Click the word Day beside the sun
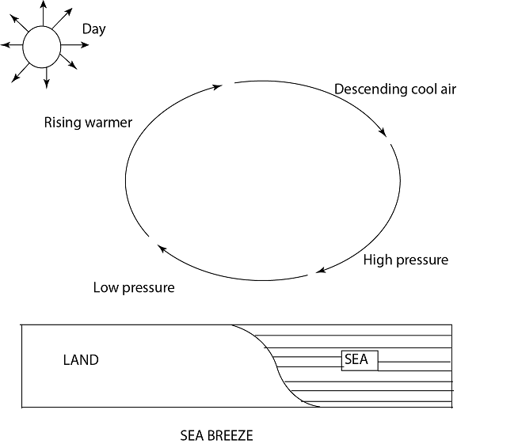[x=93, y=29]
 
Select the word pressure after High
[x=422, y=260]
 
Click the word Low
[x=106, y=287]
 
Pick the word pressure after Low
[x=149, y=287]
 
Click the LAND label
[x=81, y=360]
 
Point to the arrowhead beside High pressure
[x=321, y=271]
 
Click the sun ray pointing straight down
[x=47, y=82]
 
